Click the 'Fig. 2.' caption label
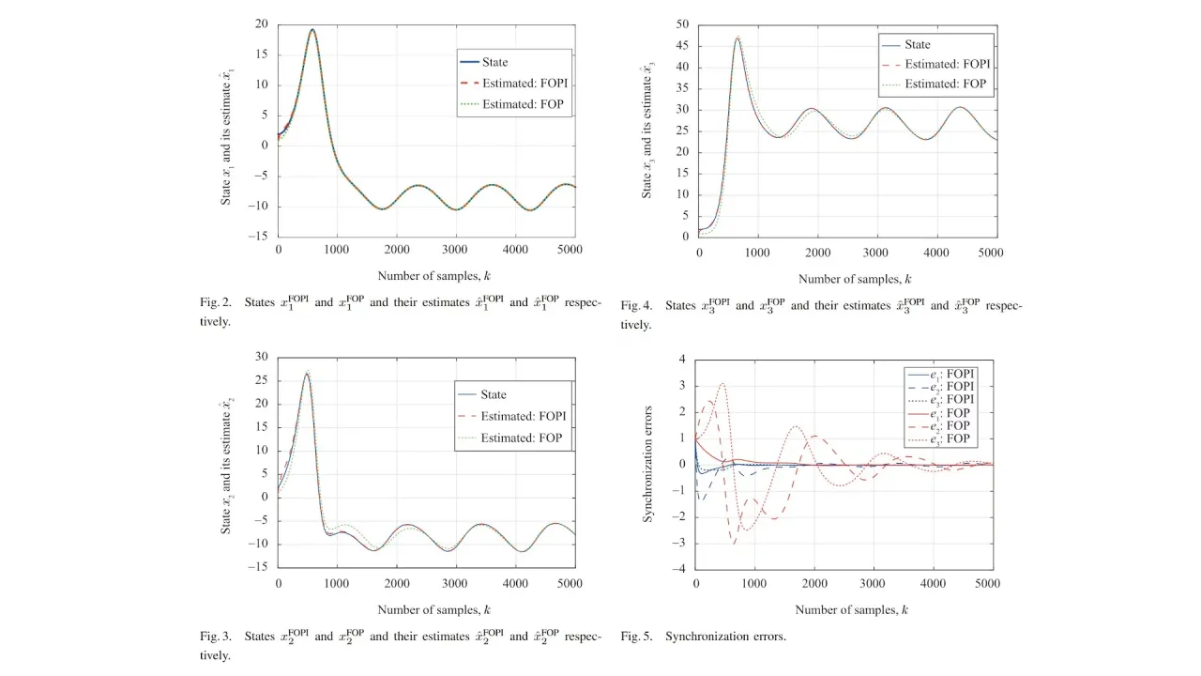pos(215,303)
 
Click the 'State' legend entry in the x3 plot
pos(917,44)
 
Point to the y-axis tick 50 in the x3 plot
pos(681,24)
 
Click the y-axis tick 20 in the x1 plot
pos(261,24)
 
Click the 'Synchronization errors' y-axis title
pos(647,465)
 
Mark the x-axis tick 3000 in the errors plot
pos(874,583)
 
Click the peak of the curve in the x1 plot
pos(312,29)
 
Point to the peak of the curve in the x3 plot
pos(737,38)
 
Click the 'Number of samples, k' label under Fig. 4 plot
pos(855,279)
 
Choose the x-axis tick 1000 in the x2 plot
pos(337,583)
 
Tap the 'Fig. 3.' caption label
pos(215,637)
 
